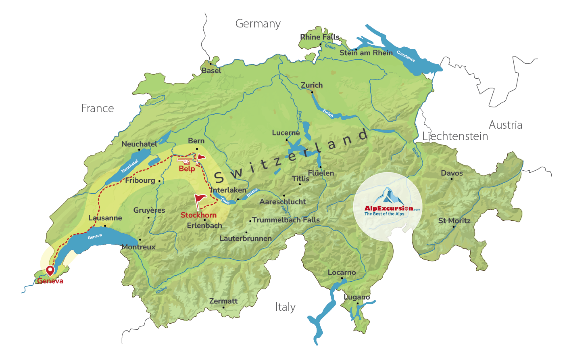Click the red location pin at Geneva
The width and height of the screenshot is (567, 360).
[x=50, y=270]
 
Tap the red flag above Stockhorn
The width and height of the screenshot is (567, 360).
[x=200, y=199]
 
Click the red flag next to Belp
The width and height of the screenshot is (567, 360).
[x=200, y=157]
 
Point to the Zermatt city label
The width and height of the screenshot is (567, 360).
[x=223, y=301]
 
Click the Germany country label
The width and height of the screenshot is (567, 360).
[x=258, y=24]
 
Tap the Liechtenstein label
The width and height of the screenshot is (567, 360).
[x=455, y=136]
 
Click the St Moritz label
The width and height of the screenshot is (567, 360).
[x=454, y=221]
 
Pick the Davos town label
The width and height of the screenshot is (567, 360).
[x=452, y=173]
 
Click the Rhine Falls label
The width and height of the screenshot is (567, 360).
[x=320, y=37]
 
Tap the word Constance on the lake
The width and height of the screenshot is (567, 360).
[x=406, y=56]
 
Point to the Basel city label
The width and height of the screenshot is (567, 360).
[x=211, y=71]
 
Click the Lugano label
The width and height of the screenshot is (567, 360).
[x=357, y=297]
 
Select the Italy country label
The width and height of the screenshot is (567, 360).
[x=286, y=307]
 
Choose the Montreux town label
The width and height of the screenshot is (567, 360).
[x=138, y=247]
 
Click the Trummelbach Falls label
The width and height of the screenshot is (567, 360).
[x=286, y=220]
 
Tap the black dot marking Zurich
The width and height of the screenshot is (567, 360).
[x=312, y=92]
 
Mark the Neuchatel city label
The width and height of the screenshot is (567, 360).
[x=140, y=144]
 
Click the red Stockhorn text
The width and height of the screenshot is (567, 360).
[x=198, y=215]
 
